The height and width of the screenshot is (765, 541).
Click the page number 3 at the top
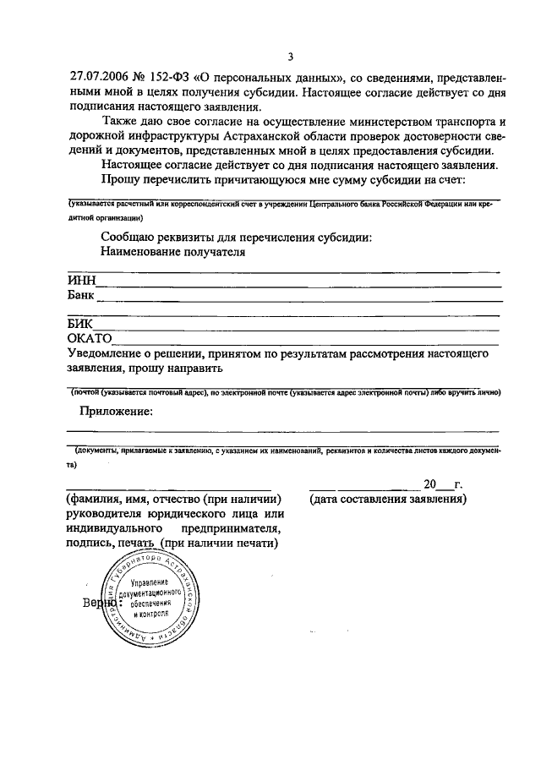pos(290,57)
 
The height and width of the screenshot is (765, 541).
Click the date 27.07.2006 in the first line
pos(99,77)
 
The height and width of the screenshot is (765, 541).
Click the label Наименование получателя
pos(172,252)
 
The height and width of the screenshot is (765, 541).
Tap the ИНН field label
pos(82,281)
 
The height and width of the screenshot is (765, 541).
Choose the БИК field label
pos(79,324)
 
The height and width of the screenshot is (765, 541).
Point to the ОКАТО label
pos(90,338)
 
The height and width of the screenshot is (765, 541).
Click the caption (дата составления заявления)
pos(388,500)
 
